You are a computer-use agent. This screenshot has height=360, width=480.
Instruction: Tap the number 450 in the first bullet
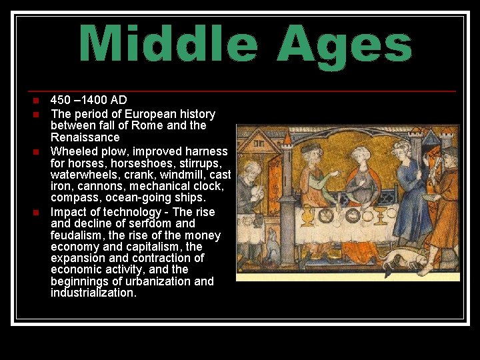[61, 101]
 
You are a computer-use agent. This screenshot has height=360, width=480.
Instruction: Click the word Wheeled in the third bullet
[74, 151]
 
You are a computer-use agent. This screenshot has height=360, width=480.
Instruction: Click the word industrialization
[93, 293]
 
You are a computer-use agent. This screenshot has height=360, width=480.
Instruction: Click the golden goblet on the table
[381, 215]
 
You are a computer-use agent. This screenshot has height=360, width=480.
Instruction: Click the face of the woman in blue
[401, 149]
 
